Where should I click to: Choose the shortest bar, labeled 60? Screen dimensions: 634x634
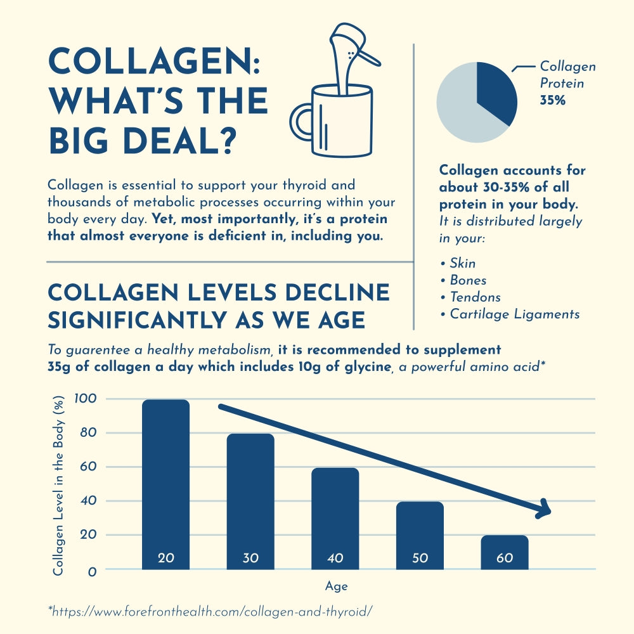pos(505,552)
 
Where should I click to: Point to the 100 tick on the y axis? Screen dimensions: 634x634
pos(84,399)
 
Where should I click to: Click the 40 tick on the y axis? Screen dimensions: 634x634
pos(87,501)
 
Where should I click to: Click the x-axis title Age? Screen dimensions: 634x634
pos(336,586)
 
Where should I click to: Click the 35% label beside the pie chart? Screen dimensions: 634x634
pos(552,100)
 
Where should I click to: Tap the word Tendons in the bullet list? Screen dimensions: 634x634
pos(475,297)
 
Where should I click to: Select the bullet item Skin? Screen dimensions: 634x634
pos(462,263)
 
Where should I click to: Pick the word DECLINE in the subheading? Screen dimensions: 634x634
pos(338,292)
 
